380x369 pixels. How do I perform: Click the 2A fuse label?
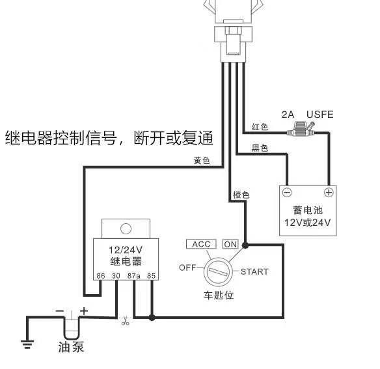289,115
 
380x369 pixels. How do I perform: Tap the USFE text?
320,115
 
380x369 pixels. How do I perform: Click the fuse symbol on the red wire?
300,131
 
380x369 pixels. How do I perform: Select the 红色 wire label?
260,127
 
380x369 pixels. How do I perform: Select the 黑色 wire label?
260,148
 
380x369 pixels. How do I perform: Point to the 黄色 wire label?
202,160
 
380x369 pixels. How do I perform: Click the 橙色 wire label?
241,195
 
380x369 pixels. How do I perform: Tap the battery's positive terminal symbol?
329,193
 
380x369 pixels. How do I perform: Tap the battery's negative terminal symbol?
288,193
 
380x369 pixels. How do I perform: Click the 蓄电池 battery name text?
308,210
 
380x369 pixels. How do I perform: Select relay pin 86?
101,276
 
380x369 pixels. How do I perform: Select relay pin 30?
116,276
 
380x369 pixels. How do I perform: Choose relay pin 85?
151,276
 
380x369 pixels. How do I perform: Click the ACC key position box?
202,244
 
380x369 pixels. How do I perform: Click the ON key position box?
230,244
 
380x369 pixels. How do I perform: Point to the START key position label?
254,271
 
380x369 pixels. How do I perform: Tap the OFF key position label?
187,267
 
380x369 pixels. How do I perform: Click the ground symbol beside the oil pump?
27,344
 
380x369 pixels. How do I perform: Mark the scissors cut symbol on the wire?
124,320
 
